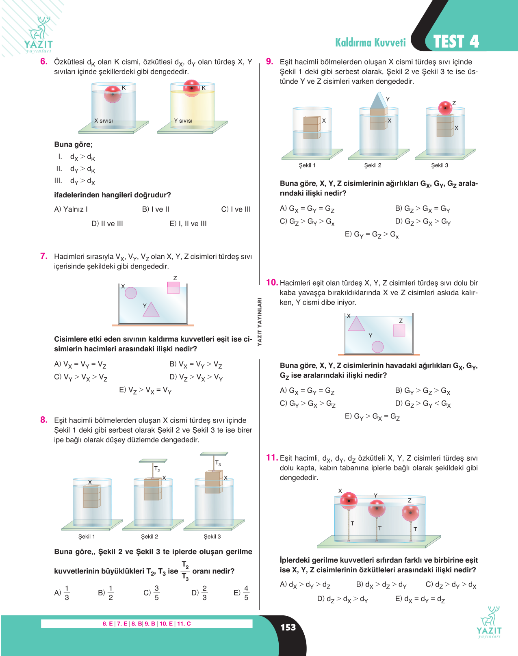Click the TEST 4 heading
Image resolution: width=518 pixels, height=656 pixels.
(x=456, y=41)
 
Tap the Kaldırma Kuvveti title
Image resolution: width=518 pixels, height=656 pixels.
(x=371, y=42)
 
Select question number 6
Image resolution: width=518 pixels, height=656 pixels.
(x=44, y=61)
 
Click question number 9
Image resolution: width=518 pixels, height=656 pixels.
(x=269, y=61)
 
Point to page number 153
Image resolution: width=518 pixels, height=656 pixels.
(x=288, y=627)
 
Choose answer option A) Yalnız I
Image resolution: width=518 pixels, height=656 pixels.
(x=71, y=209)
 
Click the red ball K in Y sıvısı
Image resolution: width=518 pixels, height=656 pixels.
(x=191, y=88)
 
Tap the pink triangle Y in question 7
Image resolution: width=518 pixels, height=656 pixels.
(x=151, y=310)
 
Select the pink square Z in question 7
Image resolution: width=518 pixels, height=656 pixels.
(x=173, y=288)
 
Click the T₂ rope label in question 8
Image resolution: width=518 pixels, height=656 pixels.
(x=157, y=469)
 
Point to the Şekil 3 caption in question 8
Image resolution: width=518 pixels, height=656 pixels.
(x=212, y=537)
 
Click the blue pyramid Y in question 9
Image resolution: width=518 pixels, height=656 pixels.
(x=379, y=101)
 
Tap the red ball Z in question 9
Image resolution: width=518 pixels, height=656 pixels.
(x=445, y=108)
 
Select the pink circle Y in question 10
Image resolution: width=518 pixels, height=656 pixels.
(x=377, y=347)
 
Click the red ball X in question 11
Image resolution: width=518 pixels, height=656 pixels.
(x=349, y=501)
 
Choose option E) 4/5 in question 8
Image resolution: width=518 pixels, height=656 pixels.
(x=242, y=593)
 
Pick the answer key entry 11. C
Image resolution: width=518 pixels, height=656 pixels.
(x=184, y=624)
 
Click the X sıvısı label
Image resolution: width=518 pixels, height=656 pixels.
(x=103, y=121)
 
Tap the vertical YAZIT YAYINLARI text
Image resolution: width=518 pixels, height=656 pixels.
(x=260, y=322)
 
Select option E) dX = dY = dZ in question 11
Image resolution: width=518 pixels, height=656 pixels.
(x=420, y=599)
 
